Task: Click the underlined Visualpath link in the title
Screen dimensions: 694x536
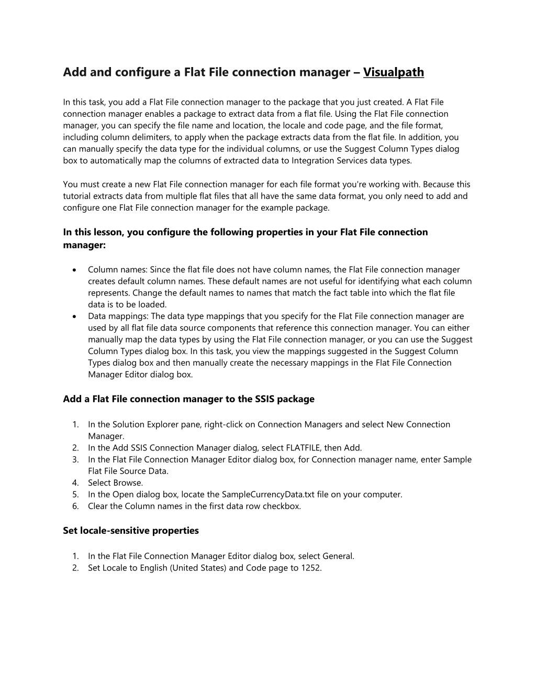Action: (x=393, y=72)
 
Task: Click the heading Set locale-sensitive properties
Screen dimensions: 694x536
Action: (x=131, y=531)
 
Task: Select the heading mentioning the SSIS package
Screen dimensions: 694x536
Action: (x=188, y=399)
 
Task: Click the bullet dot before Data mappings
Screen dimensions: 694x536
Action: (x=76, y=316)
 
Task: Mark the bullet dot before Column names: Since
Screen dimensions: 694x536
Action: (x=76, y=270)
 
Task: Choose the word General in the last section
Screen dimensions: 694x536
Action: (x=338, y=556)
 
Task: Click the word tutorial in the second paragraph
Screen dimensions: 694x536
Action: (x=77, y=196)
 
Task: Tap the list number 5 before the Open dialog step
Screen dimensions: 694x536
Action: (x=76, y=494)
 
